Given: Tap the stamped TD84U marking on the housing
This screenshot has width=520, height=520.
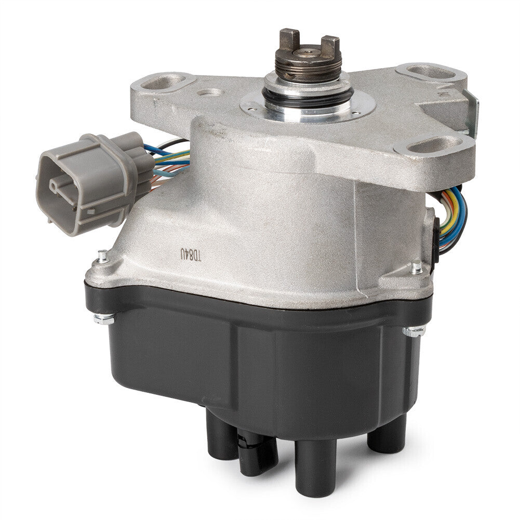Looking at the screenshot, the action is [x=191, y=255].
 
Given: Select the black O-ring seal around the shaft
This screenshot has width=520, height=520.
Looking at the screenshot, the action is [x=308, y=96].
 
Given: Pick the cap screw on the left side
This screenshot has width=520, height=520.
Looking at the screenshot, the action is [x=104, y=319].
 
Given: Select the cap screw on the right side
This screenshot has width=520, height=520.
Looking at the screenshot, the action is [x=413, y=330].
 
